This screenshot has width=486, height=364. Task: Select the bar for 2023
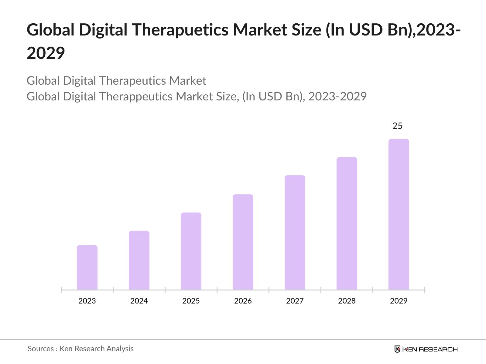tap(87, 267)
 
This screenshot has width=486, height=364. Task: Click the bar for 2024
tap(139, 260)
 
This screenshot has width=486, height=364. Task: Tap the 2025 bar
tap(191, 251)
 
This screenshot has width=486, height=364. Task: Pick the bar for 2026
tap(243, 242)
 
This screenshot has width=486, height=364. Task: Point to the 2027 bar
tap(295, 232)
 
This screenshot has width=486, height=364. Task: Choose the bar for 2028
tap(347, 223)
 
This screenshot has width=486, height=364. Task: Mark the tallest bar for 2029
tap(399, 214)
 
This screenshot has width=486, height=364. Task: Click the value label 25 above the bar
tap(397, 126)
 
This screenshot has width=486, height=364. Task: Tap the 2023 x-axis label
tap(87, 301)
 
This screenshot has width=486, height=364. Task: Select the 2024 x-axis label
tap(139, 301)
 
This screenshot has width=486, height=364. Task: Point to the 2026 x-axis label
tap(243, 301)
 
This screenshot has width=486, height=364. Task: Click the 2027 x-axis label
tap(295, 301)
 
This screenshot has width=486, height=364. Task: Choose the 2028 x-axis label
tap(347, 301)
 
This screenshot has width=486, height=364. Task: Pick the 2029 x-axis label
tap(399, 301)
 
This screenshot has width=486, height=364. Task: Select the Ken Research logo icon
tap(397, 349)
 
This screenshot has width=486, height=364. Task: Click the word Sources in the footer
tap(41, 349)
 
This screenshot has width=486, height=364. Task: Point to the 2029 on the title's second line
tap(46, 53)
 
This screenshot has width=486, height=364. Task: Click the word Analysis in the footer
tap(120, 349)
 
